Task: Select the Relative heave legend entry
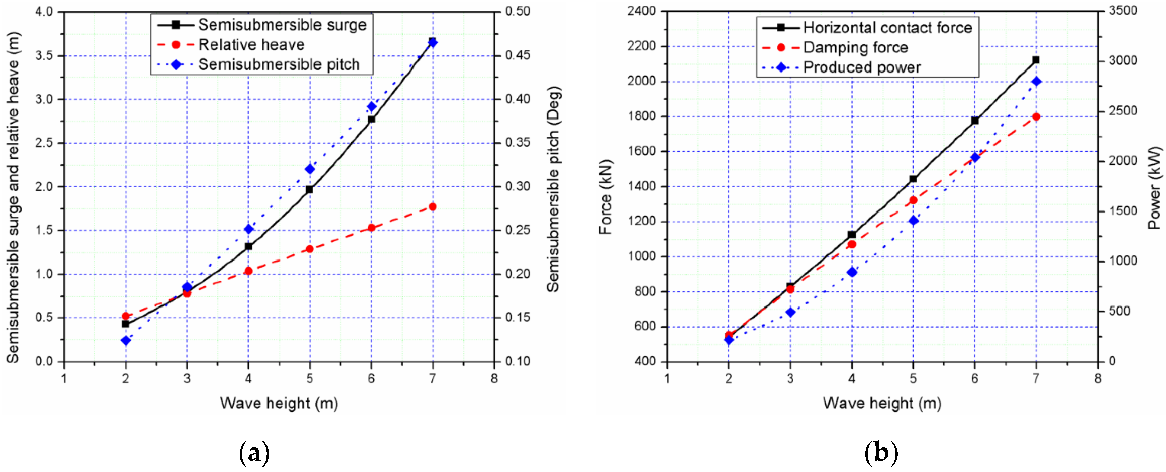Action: pyautogui.click(x=251, y=45)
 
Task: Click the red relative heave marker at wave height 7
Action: pyautogui.click(x=433, y=207)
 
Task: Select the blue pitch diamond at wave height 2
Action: pyautogui.click(x=126, y=340)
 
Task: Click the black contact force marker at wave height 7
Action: pyautogui.click(x=1036, y=60)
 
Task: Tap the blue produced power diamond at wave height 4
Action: pyautogui.click(x=852, y=273)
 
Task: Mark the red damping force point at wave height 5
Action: pyautogui.click(x=913, y=200)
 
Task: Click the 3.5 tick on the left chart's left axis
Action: pyautogui.click(x=44, y=56)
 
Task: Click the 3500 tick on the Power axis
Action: pyautogui.click(x=1123, y=11)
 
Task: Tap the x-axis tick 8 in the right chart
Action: pyautogui.click(x=1098, y=378)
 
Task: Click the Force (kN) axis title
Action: pyautogui.click(x=605, y=197)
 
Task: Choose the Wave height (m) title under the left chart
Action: pyautogui.click(x=279, y=403)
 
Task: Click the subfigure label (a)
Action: pyautogui.click(x=254, y=453)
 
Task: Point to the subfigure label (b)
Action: pyautogui.click(x=881, y=453)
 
